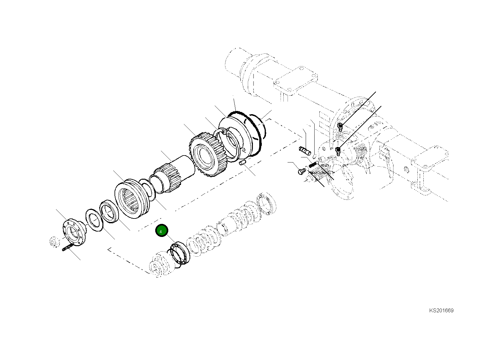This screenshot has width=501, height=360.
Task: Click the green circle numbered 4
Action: pos(161,231)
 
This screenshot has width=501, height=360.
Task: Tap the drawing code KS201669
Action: pos(441,310)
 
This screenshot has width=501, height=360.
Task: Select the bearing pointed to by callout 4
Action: pos(180,253)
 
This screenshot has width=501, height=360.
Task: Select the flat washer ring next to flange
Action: pos(94,220)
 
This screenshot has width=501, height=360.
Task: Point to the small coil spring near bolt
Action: pos(312,165)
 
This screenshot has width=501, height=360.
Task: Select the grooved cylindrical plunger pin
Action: pos(304,150)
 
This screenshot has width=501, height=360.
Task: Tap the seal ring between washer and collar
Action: pos(109,211)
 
